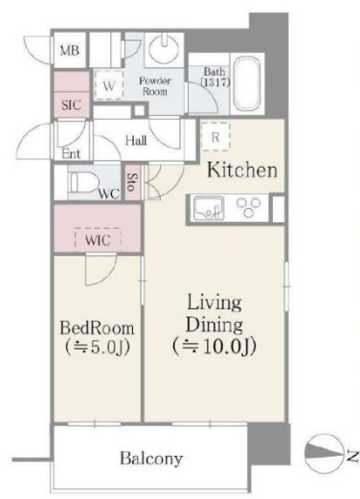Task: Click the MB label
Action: tap(70, 51)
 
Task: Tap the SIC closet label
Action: tap(71, 105)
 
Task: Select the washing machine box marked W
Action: tap(109, 85)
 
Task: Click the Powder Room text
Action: tap(155, 86)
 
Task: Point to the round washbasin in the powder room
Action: tap(165, 50)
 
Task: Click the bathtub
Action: tap(247, 84)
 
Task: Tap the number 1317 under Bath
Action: tap(215, 82)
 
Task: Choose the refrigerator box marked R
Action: tap(215, 137)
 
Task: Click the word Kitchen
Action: tap(242, 170)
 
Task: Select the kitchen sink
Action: tap(208, 208)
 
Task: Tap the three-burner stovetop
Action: tap(249, 207)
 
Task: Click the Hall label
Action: tap(136, 141)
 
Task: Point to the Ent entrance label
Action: tap(71, 154)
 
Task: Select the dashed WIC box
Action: tap(98, 239)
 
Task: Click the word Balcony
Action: tap(151, 459)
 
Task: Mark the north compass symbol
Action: tap(324, 452)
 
